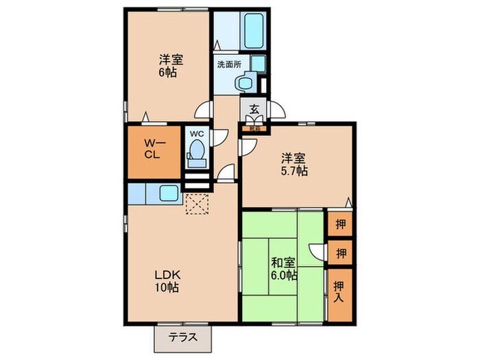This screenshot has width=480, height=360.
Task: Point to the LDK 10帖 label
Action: tap(166, 281)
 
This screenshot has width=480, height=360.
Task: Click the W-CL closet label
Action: tap(152, 149)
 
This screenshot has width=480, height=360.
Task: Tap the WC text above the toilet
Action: tap(197, 134)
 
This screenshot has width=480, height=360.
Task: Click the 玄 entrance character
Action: tap(253, 108)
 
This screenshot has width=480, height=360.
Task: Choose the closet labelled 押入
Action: tap(339, 294)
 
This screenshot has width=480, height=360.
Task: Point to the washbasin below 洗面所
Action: tap(244, 82)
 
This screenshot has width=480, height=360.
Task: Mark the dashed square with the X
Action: tap(198, 203)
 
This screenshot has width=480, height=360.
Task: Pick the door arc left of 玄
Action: tap(204, 110)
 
